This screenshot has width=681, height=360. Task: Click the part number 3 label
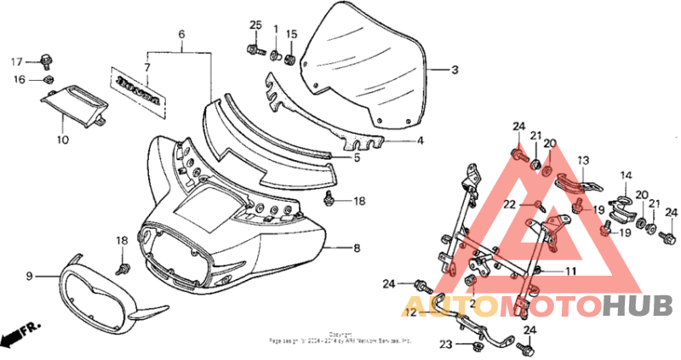tap(455, 71)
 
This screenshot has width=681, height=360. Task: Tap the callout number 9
tap(28, 276)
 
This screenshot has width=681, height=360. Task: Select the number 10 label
tap(62, 139)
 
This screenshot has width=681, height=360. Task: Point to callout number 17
tap(16, 61)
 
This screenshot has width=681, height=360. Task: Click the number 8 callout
tap(357, 248)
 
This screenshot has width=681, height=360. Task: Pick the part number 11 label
tap(572, 271)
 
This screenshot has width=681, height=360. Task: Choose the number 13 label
tap(583, 160)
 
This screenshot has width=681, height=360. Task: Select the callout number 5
tap(356, 157)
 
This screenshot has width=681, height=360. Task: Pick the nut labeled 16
tap(49, 80)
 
